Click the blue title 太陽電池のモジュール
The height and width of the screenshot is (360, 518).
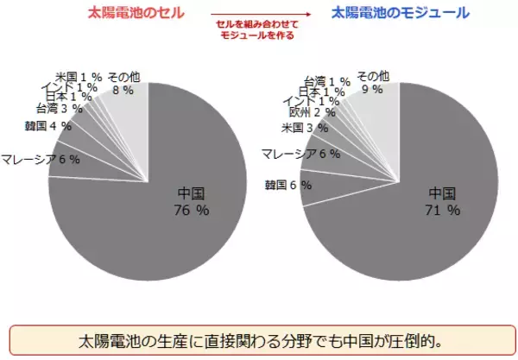point(399,13)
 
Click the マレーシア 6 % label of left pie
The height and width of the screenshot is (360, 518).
point(40,159)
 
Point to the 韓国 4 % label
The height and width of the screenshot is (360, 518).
point(48,126)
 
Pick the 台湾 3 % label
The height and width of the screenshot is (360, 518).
point(59,109)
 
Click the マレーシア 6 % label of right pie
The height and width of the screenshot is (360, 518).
point(300,154)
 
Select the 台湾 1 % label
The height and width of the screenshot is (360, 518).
point(327,81)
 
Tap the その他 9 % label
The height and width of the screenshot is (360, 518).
point(373,82)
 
